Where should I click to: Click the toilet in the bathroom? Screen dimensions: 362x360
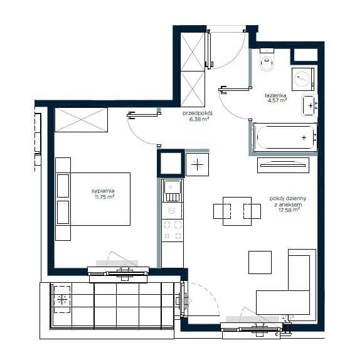(267, 60)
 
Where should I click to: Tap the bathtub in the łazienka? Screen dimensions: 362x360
(285, 137)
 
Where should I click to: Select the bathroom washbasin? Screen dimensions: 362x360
(309, 105)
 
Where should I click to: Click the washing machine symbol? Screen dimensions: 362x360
(303, 79)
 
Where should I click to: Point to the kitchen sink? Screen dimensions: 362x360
(172, 191)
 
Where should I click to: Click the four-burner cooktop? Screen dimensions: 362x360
(173, 230)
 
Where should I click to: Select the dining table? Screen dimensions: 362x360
(237, 211)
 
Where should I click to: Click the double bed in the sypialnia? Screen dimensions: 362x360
(93, 199)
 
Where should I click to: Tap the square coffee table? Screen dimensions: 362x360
(260, 262)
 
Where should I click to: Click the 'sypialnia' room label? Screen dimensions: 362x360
(103, 191)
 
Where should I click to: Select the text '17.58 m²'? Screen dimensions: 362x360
(289, 210)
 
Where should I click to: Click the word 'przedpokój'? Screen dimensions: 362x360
(198, 113)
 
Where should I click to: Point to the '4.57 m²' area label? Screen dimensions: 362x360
(277, 100)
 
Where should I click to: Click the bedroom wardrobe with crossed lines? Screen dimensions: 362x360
(82, 120)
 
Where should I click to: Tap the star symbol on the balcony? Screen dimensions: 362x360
(62, 300)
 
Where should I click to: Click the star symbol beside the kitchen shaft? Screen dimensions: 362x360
(197, 165)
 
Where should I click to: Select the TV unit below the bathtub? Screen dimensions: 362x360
(283, 165)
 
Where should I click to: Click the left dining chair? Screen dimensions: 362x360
(222, 211)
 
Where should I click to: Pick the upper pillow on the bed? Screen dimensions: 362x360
(63, 186)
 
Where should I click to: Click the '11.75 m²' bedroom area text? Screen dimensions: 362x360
(105, 197)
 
